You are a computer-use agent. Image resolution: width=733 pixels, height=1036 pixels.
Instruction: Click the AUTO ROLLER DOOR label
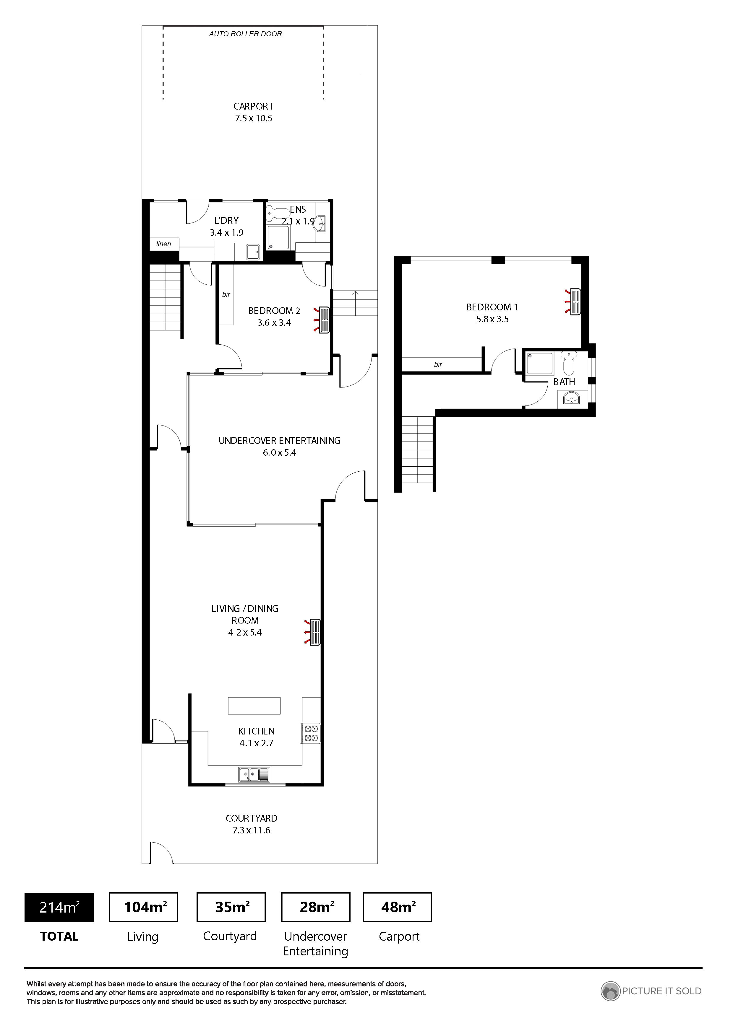click(x=245, y=34)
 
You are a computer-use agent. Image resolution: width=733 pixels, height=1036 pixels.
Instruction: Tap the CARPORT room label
click(x=253, y=107)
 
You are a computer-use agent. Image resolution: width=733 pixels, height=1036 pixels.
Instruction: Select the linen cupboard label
click(x=163, y=244)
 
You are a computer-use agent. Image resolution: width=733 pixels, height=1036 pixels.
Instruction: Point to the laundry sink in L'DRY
click(x=253, y=251)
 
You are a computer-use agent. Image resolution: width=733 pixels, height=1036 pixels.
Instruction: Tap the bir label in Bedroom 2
click(x=226, y=295)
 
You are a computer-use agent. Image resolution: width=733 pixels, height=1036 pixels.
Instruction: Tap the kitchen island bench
click(x=254, y=706)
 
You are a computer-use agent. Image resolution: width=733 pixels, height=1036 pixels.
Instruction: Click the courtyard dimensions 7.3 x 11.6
click(x=252, y=830)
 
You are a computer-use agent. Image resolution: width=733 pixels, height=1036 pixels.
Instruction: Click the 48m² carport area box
click(x=398, y=907)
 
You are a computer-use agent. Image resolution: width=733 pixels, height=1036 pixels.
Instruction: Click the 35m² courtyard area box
click(x=231, y=907)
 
